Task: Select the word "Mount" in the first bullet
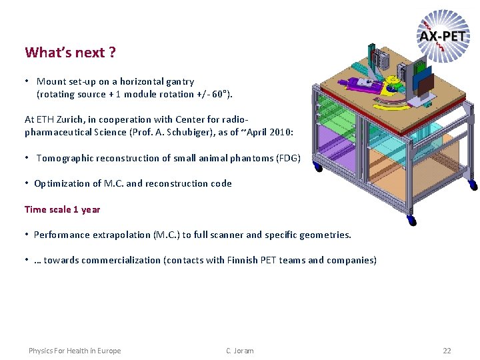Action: coord(51,81)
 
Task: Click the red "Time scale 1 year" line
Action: coord(62,209)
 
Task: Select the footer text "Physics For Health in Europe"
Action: coord(75,351)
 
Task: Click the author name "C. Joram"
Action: coord(240,351)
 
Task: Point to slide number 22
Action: coord(447,351)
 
